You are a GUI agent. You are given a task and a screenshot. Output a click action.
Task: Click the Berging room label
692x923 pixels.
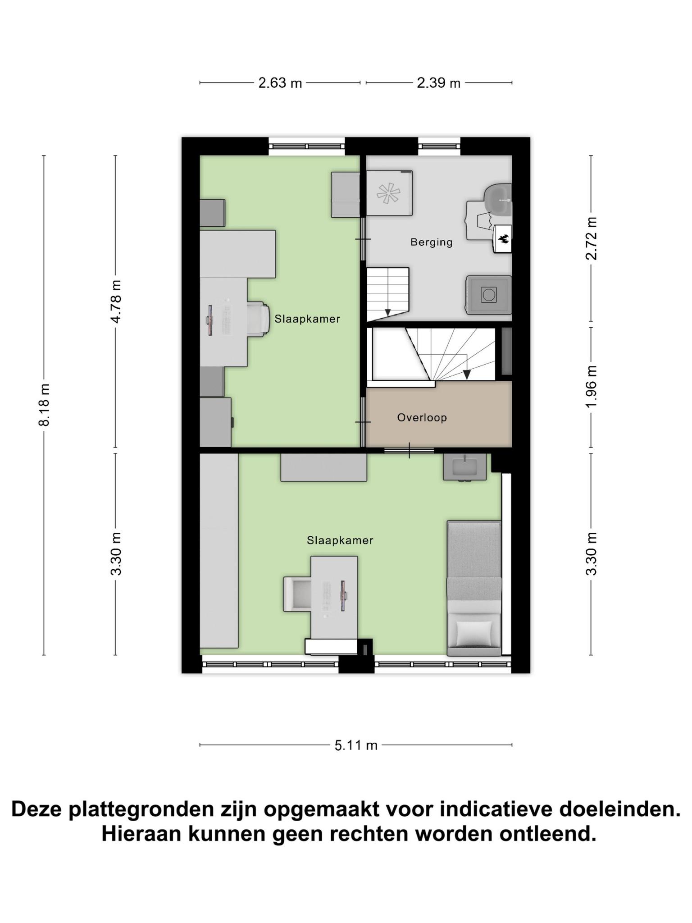click(431, 242)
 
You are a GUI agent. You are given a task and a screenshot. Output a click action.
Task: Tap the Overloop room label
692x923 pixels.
click(422, 418)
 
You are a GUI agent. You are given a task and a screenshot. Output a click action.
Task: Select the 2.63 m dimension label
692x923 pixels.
click(280, 83)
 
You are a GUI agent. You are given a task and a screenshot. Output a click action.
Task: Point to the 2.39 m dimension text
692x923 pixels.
click(438, 83)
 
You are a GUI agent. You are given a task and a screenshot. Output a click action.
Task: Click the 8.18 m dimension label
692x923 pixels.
click(44, 405)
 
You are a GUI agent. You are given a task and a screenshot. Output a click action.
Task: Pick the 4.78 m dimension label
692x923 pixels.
click(116, 302)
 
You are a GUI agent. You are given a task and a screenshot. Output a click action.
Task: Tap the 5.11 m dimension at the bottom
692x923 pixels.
click(356, 745)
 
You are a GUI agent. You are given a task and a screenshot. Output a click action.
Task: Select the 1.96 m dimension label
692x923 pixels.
click(591, 386)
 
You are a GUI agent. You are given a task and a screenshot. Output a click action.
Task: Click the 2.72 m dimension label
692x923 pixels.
click(591, 238)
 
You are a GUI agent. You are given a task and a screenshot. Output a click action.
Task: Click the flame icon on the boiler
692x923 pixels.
click(504, 238)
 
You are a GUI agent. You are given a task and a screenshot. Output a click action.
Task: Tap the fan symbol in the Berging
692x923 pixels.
click(388, 194)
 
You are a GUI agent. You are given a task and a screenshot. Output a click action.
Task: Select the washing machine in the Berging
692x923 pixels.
click(489, 295)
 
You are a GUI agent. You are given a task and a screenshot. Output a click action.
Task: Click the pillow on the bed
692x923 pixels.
click(474, 633)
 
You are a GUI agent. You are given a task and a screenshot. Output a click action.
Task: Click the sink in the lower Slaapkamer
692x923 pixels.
click(464, 467)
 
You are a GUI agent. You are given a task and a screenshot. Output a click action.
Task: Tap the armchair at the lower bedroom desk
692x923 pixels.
click(297, 594)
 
